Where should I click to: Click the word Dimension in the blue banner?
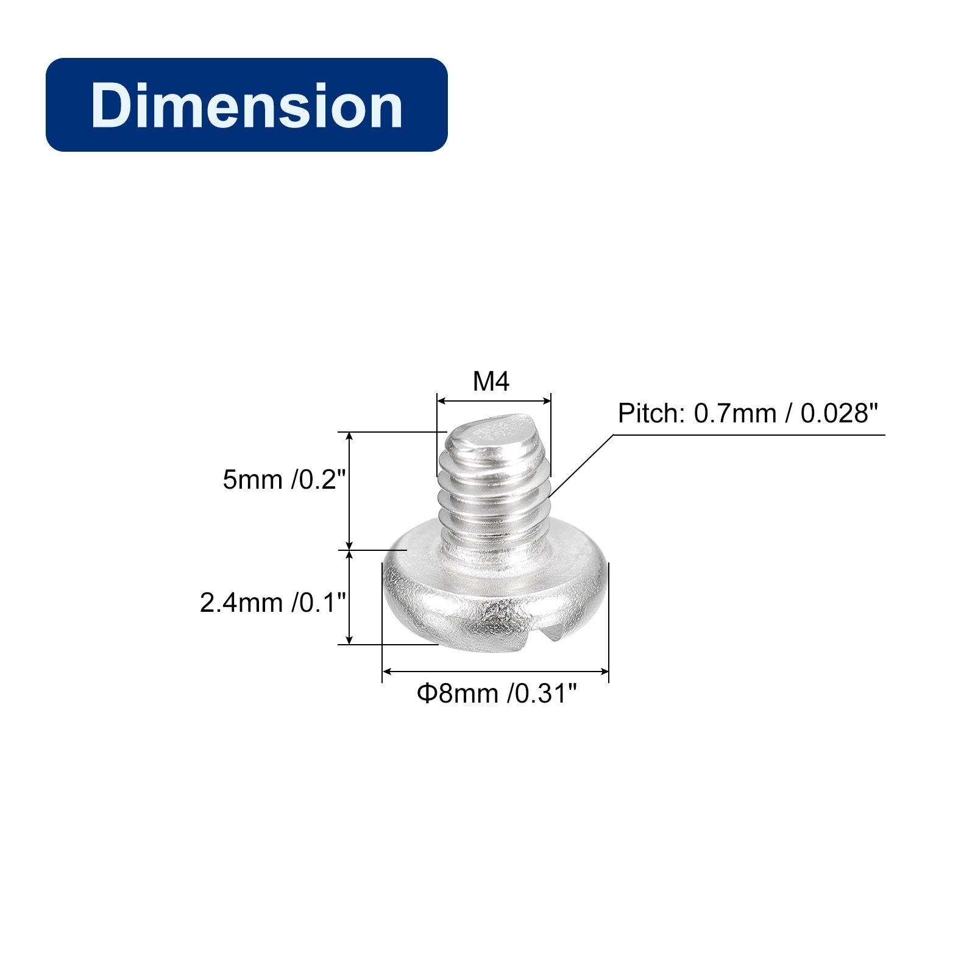pos(247,105)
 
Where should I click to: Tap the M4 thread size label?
pos(491,381)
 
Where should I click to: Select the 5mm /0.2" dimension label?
pos(284,480)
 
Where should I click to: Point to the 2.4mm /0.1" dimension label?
pos(272,603)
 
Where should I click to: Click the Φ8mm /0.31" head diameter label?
pos(496,693)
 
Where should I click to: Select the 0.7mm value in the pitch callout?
pos(735,414)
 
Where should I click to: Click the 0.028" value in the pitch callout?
pos(839,414)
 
